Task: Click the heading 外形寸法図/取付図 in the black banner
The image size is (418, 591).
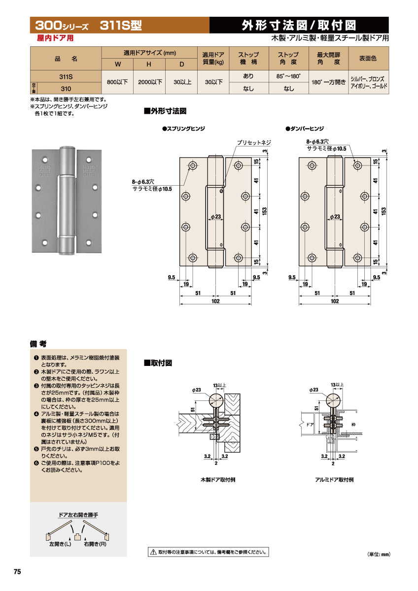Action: point(299,25)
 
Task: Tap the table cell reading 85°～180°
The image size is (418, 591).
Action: point(288,76)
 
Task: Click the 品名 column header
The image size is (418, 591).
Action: point(66,58)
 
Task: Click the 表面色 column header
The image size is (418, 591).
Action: point(368,58)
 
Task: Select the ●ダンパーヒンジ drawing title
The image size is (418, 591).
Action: point(305,129)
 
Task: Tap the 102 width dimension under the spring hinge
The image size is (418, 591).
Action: point(215,301)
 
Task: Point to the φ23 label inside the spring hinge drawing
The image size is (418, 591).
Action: point(215,217)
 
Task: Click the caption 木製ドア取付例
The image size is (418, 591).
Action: point(217,479)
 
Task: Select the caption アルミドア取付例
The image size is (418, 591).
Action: point(334,479)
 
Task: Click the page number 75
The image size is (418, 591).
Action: point(17,572)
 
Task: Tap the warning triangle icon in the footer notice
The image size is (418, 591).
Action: point(153,552)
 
